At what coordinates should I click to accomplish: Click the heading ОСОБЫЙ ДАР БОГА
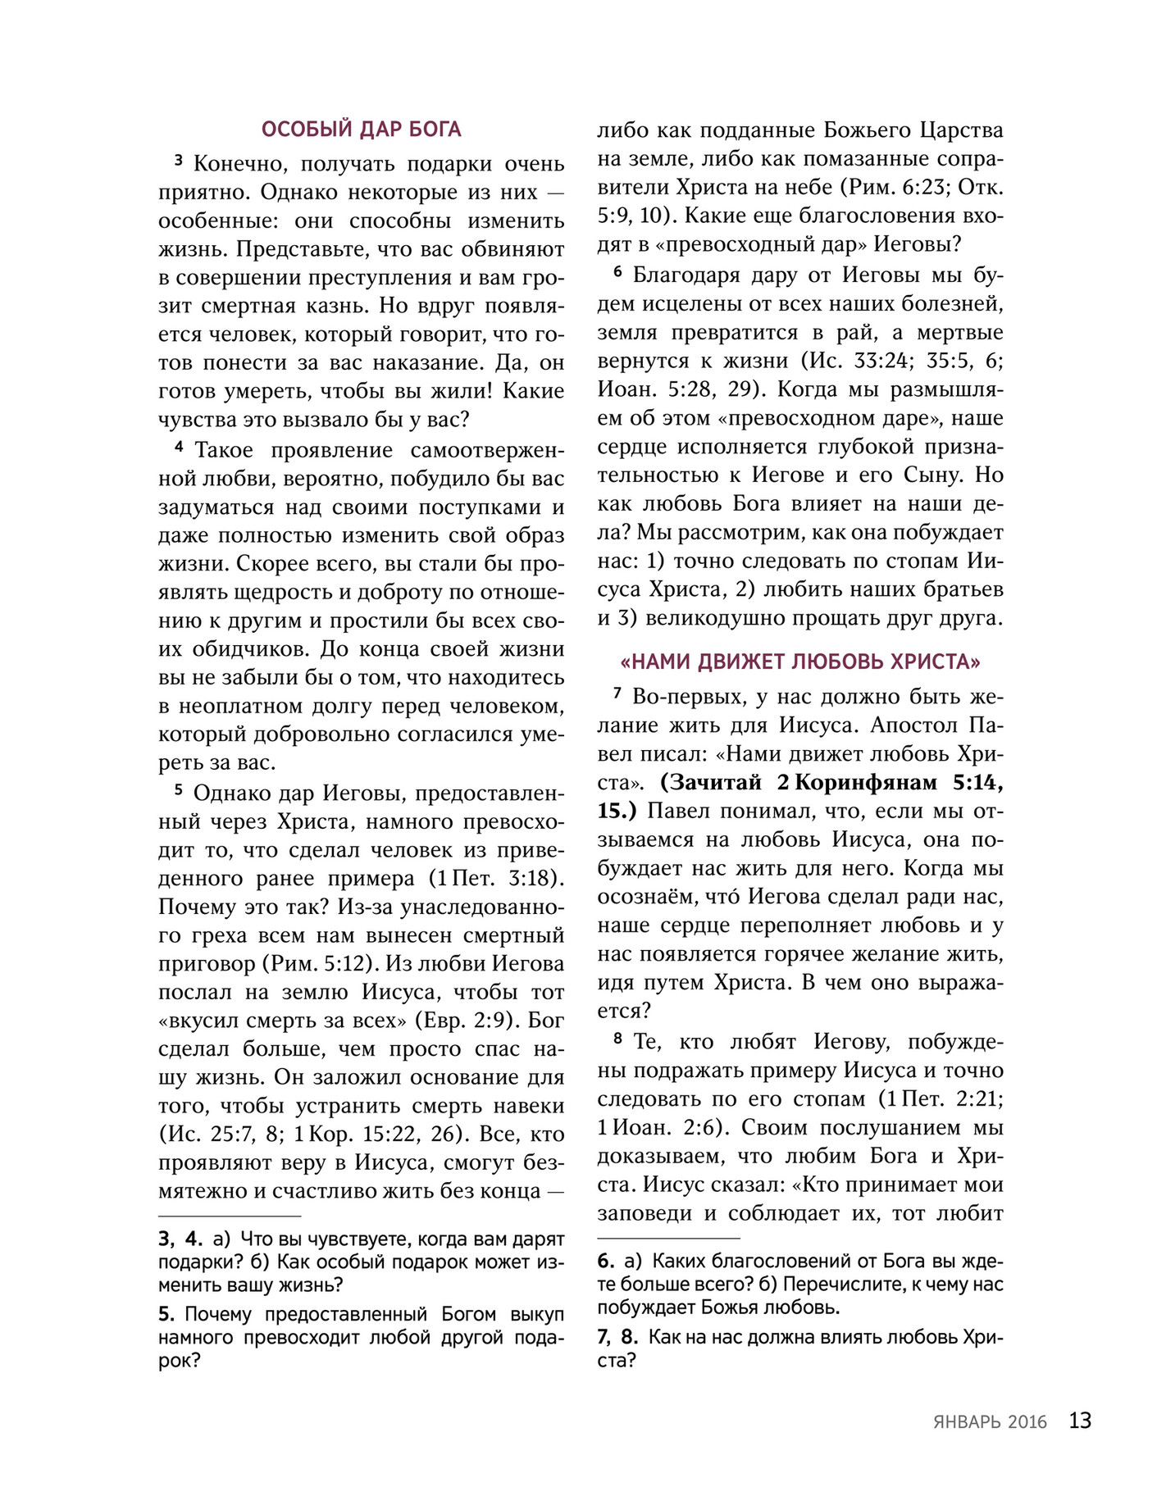coord(361,130)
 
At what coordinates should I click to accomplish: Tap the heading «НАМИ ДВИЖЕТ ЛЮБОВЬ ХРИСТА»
coord(800,662)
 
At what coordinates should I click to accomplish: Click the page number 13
coord(1080,1421)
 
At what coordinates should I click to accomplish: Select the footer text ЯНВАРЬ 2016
coord(989,1422)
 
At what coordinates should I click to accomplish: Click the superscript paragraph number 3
coord(178,161)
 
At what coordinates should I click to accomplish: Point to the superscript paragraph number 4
coord(178,447)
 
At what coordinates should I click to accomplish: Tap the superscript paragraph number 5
coord(178,790)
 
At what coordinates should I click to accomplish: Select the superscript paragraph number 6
coord(617,271)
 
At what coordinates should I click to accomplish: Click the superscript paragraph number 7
coord(617,693)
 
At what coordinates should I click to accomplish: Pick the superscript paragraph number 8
coord(617,1039)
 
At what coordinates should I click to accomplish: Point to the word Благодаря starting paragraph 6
coord(678,275)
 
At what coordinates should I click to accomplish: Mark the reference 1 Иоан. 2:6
coord(657,1127)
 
